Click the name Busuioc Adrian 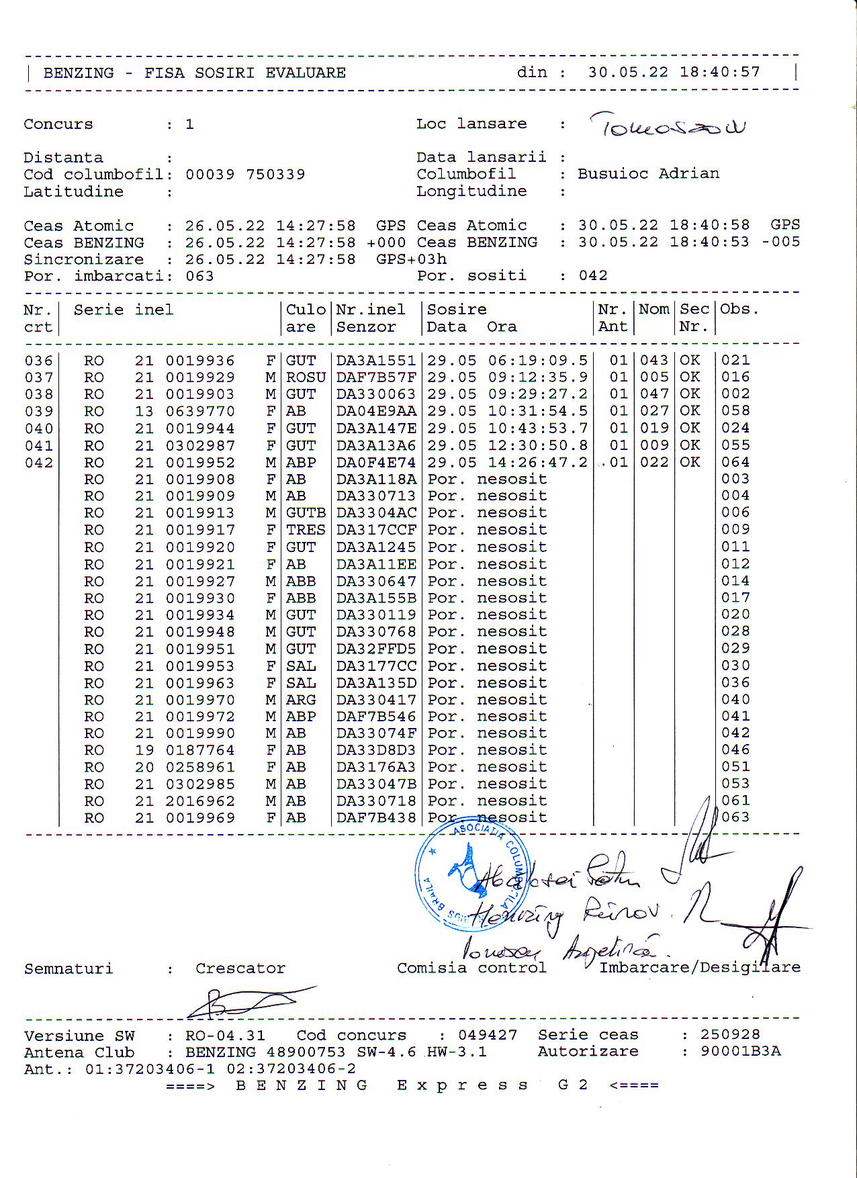pyautogui.click(x=648, y=174)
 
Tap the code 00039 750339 pyautogui.click(x=245, y=175)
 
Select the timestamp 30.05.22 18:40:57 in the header pyautogui.click(x=674, y=73)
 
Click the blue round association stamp pyautogui.click(x=470, y=876)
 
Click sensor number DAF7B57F pyautogui.click(x=376, y=377)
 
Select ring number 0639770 pyautogui.click(x=200, y=411)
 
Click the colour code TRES pyautogui.click(x=306, y=530)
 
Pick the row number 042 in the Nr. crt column pyautogui.click(x=38, y=463)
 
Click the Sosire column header pyautogui.click(x=457, y=310)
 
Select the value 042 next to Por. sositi pyautogui.click(x=593, y=276)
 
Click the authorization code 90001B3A pyautogui.click(x=740, y=1052)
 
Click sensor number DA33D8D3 pyautogui.click(x=376, y=750)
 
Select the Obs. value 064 pyautogui.click(x=735, y=463)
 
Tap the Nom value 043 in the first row pyautogui.click(x=653, y=361)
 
